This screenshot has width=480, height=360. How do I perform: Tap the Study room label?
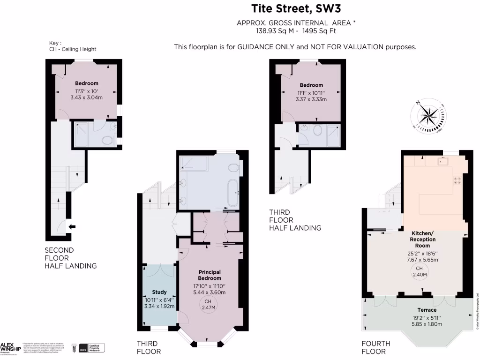coord(159,292)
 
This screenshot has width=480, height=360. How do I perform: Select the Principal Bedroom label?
coord(210,275)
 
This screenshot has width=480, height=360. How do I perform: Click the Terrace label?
coord(427,310)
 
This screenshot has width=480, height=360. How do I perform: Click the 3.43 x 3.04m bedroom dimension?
coord(86,97)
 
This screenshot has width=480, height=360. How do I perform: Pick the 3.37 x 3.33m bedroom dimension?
coord(311,99)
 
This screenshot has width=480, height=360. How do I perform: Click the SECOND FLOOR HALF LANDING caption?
coord(70,258)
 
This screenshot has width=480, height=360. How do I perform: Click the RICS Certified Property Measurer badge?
coord(91,348)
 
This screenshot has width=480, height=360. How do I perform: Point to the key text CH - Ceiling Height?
coord(73,49)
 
